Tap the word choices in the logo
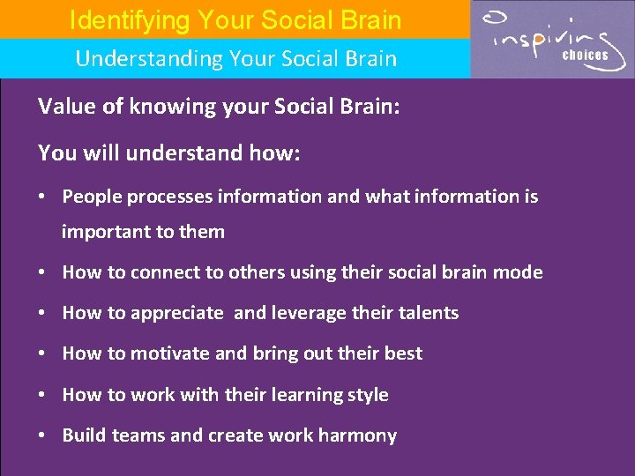(586, 56)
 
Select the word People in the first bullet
(92, 197)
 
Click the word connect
(163, 272)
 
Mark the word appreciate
(177, 313)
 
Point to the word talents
(424, 313)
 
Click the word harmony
(357, 435)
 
